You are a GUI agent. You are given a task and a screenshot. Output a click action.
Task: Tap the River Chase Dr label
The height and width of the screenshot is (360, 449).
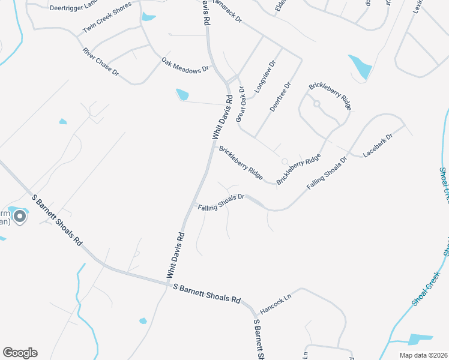pyautogui.click(x=101, y=62)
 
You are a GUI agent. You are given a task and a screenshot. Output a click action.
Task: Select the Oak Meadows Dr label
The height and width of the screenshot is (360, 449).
pyautogui.click(x=184, y=65)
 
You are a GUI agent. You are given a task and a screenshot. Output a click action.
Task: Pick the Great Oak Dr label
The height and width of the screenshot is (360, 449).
pyautogui.click(x=240, y=104)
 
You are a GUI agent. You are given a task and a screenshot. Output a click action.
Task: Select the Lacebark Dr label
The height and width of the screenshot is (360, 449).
pyautogui.click(x=378, y=145)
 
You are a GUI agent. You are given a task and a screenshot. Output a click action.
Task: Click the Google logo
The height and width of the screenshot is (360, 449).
pyautogui.click(x=20, y=353)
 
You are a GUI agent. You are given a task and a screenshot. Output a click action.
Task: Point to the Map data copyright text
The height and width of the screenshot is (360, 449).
pyautogui.click(x=423, y=355)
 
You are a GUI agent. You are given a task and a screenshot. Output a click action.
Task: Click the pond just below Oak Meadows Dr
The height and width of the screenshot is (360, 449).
pyautogui.click(x=182, y=95)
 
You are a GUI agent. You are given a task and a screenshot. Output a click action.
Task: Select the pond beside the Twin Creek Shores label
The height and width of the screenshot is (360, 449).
pyautogui.click(x=148, y=17)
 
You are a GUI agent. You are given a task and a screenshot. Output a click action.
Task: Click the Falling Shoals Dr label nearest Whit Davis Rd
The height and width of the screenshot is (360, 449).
pyautogui.click(x=221, y=202)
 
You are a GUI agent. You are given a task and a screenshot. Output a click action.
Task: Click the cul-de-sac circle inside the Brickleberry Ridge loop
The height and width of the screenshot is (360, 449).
pyautogui.click(x=316, y=104)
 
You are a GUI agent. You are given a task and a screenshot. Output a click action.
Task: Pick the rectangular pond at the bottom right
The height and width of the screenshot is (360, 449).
pyautogui.click(x=420, y=339)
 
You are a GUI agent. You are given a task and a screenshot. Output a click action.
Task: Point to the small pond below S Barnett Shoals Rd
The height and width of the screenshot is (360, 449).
pyautogui.click(x=143, y=321)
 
